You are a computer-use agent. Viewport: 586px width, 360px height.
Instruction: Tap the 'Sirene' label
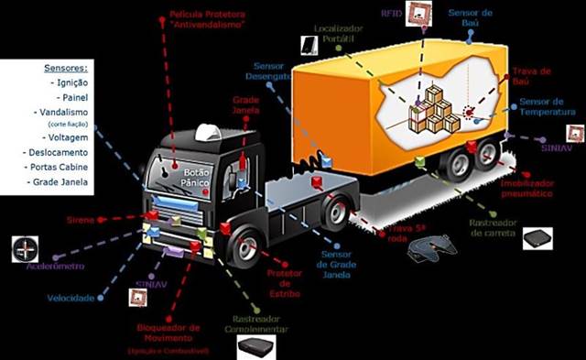coord(80,221)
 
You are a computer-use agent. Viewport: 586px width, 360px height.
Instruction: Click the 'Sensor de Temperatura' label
coord(548,106)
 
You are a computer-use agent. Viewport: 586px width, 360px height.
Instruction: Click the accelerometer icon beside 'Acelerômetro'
coord(25,248)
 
